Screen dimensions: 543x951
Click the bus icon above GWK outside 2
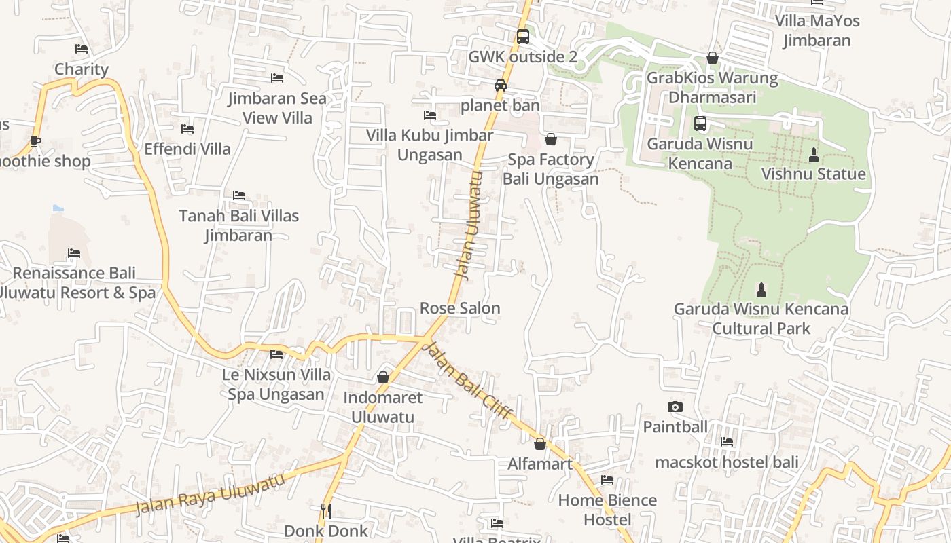click(522, 37)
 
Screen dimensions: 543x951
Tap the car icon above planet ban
click(501, 86)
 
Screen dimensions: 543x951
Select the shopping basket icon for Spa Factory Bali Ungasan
click(551, 139)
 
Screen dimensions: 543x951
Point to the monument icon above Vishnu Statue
click(813, 154)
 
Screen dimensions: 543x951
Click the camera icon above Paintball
click(675, 407)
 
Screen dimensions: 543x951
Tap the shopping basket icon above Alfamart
click(540, 444)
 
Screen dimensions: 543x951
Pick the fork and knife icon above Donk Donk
click(326, 510)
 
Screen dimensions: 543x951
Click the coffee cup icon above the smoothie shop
click(35, 141)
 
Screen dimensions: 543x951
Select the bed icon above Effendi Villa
click(187, 128)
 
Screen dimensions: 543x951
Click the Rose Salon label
click(460, 308)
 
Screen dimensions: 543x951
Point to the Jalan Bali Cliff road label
click(467, 381)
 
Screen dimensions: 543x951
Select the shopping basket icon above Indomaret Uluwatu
click(383, 377)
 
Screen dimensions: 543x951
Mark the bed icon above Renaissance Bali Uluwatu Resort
click(74, 253)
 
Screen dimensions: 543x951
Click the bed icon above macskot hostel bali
click(727, 442)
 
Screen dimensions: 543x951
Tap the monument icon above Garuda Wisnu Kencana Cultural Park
click(761, 289)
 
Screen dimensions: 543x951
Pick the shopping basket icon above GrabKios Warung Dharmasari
click(713, 58)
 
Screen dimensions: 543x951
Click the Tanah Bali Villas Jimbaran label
click(238, 225)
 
